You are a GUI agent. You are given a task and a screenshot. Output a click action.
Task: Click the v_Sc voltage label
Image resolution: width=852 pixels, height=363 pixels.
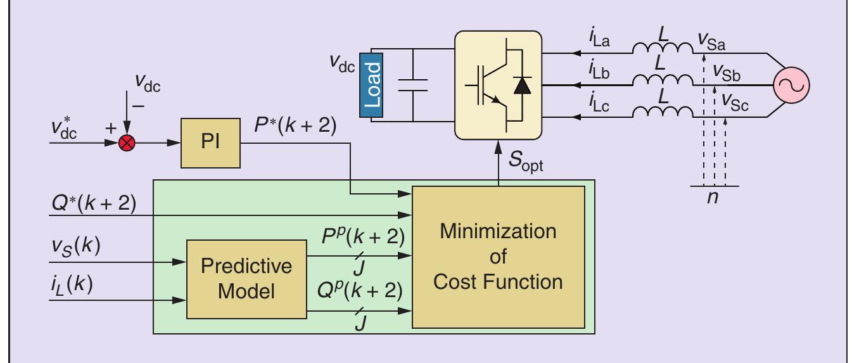731,106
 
